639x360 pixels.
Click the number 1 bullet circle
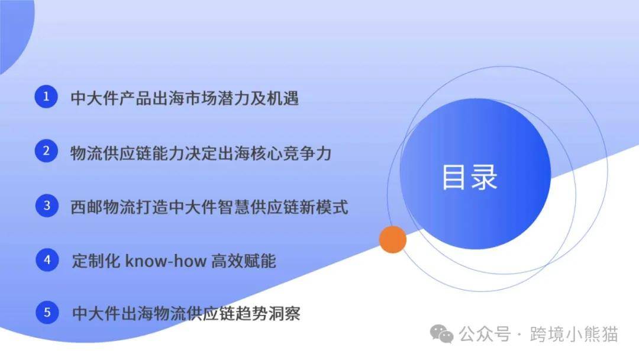[x=46, y=97]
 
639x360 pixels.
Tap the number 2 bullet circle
[x=46, y=151]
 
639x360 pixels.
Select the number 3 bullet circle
[x=47, y=205]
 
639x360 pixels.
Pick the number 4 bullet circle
[x=47, y=260]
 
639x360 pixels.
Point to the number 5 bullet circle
[x=47, y=312]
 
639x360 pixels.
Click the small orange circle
[x=393, y=239]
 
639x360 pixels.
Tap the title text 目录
[x=470, y=178]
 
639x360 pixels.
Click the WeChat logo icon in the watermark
[x=442, y=334]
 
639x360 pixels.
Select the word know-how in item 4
[x=166, y=261]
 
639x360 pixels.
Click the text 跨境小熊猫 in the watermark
[x=574, y=335]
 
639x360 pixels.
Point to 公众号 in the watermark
[x=485, y=335]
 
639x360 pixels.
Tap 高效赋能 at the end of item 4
[x=244, y=261]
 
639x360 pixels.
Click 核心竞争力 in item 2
[x=291, y=154]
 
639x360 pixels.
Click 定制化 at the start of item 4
[x=96, y=261]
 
